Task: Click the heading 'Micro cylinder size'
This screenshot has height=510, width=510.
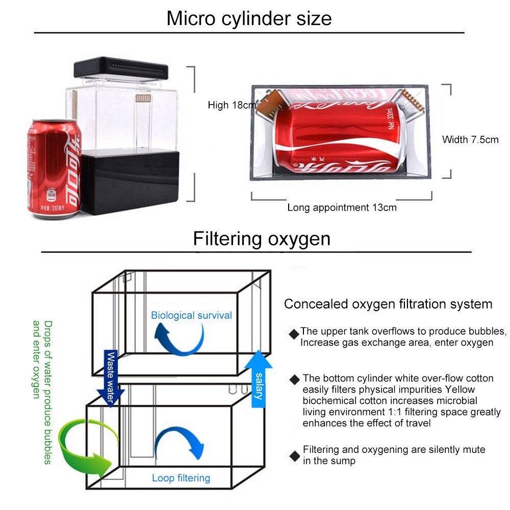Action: (249, 19)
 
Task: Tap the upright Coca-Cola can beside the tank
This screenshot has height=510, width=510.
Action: (53, 168)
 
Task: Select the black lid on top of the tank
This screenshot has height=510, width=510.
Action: (120, 71)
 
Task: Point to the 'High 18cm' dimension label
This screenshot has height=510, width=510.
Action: (232, 106)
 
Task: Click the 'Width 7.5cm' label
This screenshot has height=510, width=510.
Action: (470, 139)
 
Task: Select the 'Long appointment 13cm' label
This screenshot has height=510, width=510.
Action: (342, 208)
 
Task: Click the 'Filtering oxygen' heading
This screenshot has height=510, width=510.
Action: (261, 239)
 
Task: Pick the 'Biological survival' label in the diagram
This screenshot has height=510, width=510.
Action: (191, 315)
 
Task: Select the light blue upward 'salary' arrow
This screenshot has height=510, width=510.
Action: (259, 377)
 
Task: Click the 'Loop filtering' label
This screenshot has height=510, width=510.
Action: (181, 478)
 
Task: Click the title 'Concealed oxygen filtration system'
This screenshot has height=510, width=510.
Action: (388, 304)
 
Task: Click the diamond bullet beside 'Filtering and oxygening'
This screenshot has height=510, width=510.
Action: (294, 455)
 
